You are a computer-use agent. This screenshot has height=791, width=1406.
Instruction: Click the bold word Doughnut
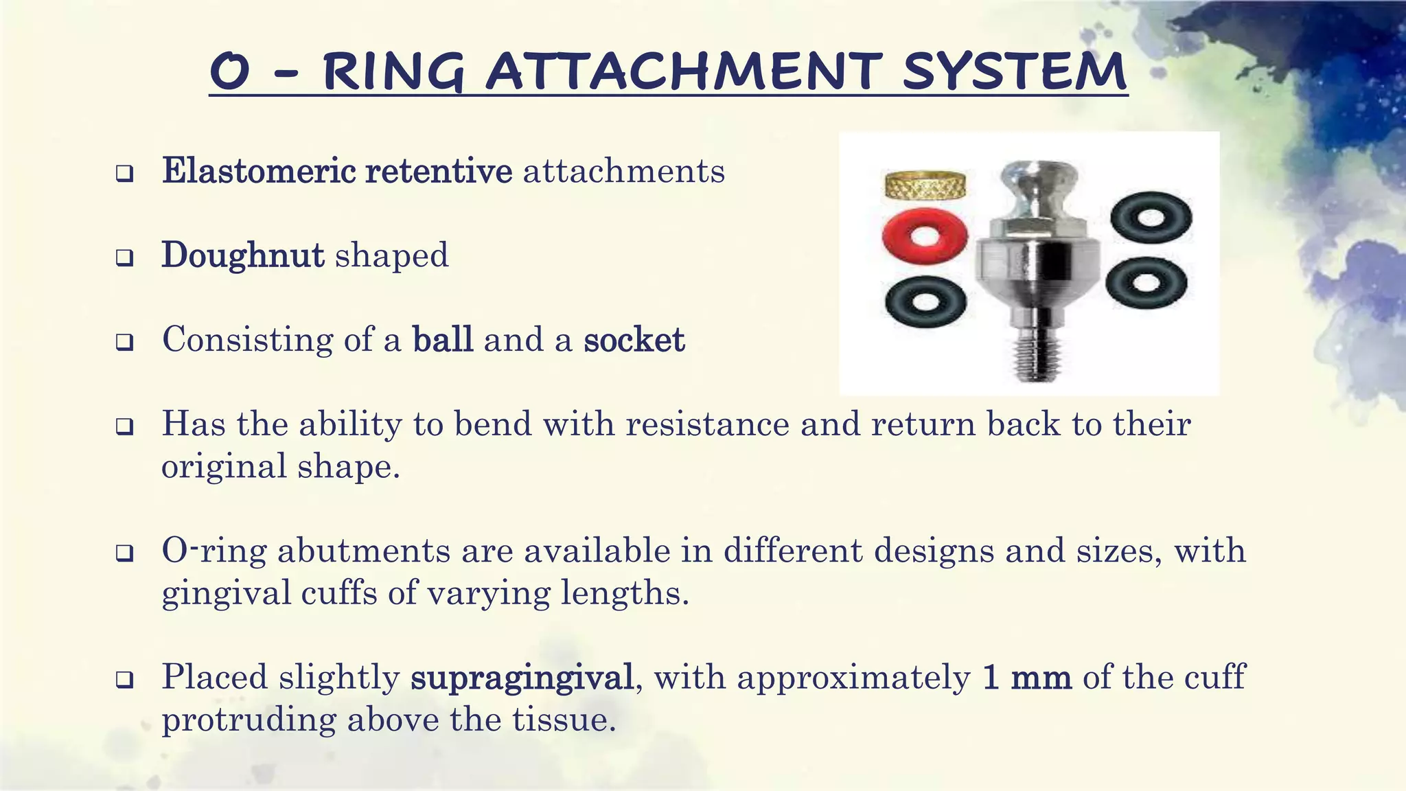click(242, 255)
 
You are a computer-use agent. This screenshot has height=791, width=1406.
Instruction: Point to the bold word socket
click(634, 340)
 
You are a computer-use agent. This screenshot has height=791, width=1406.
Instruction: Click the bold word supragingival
click(522, 678)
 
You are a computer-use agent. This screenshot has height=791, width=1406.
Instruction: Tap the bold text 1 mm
click(1026, 678)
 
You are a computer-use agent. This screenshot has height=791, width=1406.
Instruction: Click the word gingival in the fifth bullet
click(225, 593)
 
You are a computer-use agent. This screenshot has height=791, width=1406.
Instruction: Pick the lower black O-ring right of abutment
click(1146, 284)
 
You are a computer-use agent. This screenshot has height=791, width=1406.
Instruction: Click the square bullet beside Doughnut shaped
click(124, 259)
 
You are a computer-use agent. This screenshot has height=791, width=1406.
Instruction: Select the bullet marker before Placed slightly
click(124, 680)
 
